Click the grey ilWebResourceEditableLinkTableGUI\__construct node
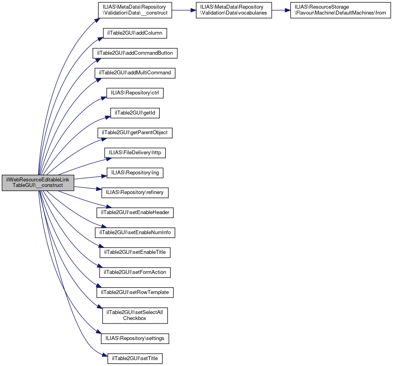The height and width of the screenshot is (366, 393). click(x=38, y=183)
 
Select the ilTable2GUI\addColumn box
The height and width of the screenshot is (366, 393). click(x=135, y=33)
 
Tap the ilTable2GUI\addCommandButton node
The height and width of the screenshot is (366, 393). click(x=135, y=53)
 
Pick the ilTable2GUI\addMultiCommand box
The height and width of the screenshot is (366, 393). click(x=135, y=73)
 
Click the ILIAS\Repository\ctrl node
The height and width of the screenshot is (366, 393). click(x=135, y=93)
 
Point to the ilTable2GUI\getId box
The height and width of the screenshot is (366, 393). click(x=135, y=113)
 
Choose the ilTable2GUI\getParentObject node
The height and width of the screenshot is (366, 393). click(x=135, y=133)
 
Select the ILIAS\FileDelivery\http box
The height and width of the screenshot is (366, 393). click(x=135, y=153)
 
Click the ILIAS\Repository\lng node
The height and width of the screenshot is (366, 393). click(x=135, y=173)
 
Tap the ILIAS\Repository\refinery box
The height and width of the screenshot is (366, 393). click(x=135, y=192)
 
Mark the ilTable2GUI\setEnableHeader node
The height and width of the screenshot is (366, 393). click(x=135, y=213)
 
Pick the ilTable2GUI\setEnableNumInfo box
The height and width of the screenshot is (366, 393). click(x=135, y=233)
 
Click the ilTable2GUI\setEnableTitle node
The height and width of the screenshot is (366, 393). click(x=135, y=252)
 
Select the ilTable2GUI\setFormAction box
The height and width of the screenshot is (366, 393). click(x=135, y=272)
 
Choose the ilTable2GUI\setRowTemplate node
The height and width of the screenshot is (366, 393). click(x=135, y=292)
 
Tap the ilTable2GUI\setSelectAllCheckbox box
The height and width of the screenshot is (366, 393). click(x=135, y=315)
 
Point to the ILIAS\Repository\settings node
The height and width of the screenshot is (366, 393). click(x=135, y=338)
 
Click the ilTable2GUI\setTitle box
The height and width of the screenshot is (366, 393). click(x=135, y=358)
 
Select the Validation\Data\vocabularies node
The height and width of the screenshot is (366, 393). click(x=233, y=10)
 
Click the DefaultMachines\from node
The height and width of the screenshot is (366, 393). click(x=340, y=10)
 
